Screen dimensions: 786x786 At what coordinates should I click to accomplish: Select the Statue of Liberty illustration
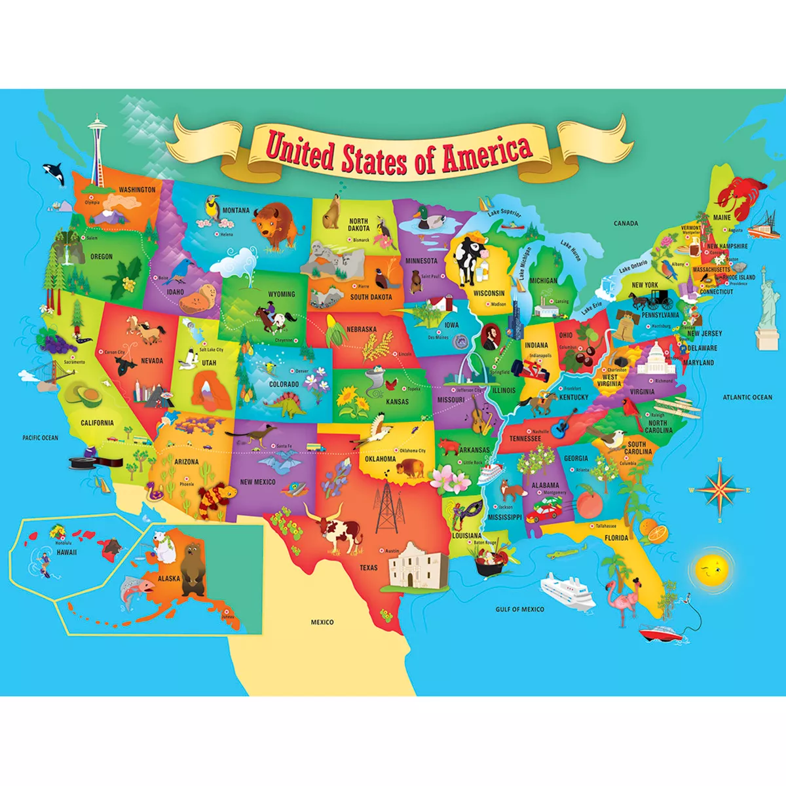[764, 308]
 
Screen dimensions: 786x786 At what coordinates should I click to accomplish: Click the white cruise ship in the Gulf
[567, 589]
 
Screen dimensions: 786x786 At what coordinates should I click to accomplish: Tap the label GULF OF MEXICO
[519, 609]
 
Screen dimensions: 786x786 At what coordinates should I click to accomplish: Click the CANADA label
[626, 223]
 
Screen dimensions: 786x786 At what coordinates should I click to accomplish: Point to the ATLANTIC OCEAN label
[747, 398]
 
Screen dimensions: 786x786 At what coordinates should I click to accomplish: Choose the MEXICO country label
[322, 622]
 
